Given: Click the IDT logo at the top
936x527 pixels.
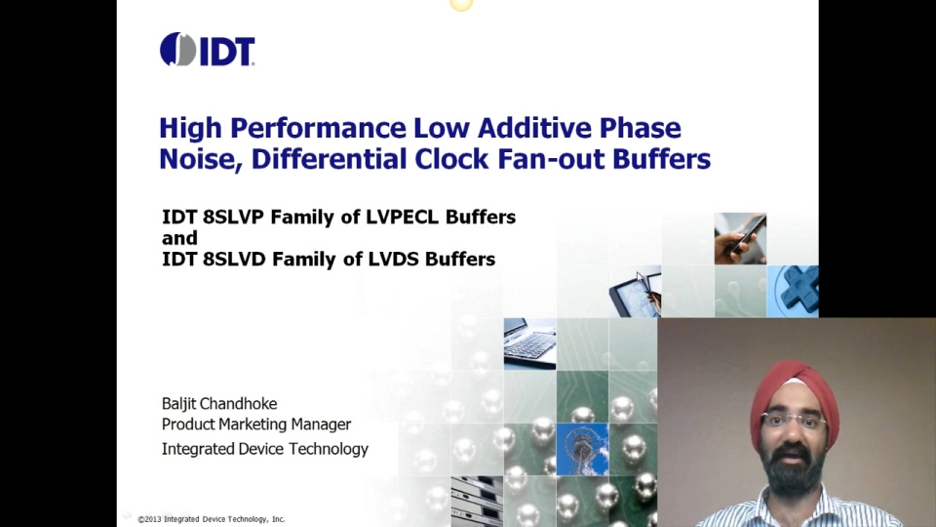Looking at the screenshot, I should pyautogui.click(x=208, y=50).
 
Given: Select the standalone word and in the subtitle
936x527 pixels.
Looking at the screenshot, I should pyautogui.click(x=179, y=238).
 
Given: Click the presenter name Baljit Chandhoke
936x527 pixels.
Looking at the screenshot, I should pyautogui.click(x=219, y=404).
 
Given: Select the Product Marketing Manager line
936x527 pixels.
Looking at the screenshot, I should pyautogui.click(x=255, y=425).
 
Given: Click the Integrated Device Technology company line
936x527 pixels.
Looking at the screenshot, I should pyautogui.click(x=264, y=449).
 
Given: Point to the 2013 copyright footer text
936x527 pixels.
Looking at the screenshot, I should pyautogui.click(x=212, y=519).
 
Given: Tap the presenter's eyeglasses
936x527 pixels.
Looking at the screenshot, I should pyautogui.click(x=792, y=421).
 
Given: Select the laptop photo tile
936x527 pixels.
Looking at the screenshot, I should pyautogui.click(x=529, y=344).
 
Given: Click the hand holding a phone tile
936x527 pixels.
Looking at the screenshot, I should pyautogui.click(x=740, y=238).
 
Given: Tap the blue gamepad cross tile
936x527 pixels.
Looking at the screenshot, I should pyautogui.click(x=794, y=291).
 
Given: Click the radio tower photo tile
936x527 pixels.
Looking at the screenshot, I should pyautogui.click(x=582, y=449).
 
